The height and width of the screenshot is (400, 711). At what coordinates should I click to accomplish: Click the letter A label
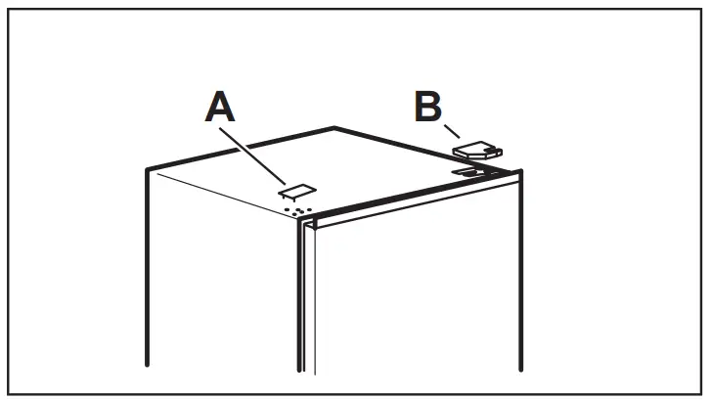click(221, 106)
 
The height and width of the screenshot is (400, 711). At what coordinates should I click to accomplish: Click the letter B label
click(428, 107)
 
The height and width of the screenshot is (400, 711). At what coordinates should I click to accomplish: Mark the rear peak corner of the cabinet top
click(334, 127)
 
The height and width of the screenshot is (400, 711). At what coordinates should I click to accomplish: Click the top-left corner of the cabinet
click(147, 169)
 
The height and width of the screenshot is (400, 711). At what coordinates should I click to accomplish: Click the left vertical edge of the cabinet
click(147, 274)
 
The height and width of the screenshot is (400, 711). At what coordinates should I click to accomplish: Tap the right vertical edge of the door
click(519, 284)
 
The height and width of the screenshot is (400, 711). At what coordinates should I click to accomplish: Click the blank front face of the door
click(411, 293)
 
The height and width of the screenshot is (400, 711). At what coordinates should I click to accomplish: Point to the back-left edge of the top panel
click(240, 148)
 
